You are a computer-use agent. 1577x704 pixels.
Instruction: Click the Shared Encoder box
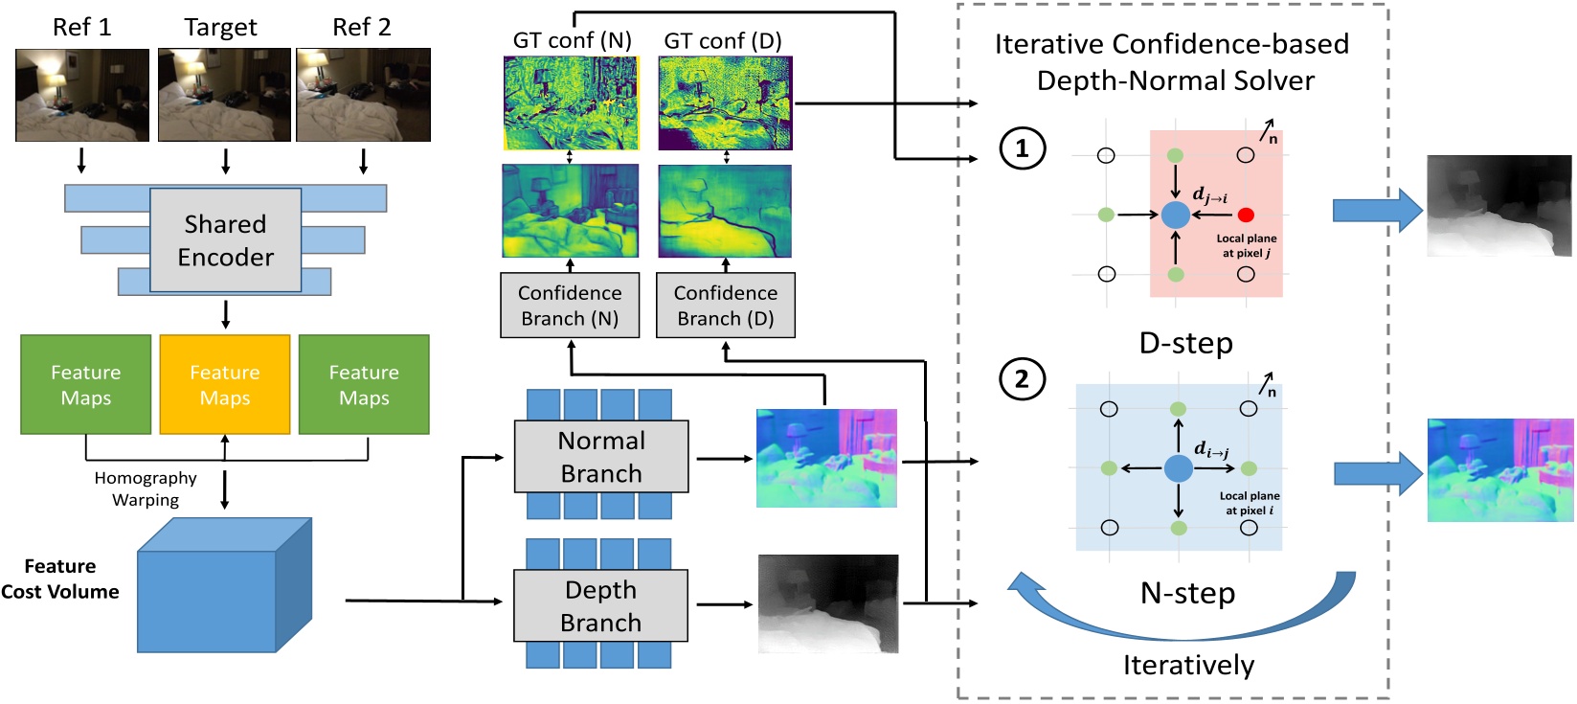(225, 239)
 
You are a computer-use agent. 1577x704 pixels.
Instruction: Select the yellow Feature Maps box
(225, 384)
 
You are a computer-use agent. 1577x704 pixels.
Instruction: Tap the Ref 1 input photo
(82, 95)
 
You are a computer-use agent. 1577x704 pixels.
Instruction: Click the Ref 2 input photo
(363, 95)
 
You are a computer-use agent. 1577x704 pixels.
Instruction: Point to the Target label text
(220, 28)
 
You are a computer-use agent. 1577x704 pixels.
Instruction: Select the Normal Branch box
(601, 457)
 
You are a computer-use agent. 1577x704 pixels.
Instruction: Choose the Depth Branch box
(600, 605)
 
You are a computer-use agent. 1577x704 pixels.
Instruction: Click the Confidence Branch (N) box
(570, 306)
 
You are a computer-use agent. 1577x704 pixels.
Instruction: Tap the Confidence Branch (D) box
(725, 306)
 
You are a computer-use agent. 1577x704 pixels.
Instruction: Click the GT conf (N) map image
(571, 102)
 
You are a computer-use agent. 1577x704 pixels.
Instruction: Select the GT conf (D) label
(723, 41)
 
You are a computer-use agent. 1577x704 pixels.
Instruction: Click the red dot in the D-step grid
(1245, 215)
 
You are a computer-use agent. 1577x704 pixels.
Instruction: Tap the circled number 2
(1022, 379)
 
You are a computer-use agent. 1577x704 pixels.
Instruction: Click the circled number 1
(1022, 148)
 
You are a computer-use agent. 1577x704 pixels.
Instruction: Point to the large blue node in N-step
(1178, 468)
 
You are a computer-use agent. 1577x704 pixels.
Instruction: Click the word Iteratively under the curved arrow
(1188, 665)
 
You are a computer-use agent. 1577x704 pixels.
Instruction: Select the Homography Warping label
(146, 488)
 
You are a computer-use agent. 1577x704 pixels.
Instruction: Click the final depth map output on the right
(1498, 206)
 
